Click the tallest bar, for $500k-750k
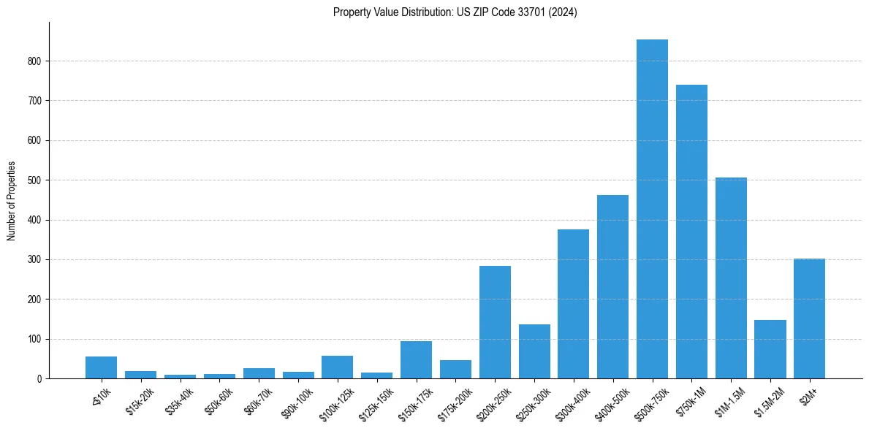(x=652, y=209)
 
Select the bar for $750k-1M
(x=691, y=232)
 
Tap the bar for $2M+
(x=809, y=319)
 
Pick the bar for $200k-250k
(x=495, y=322)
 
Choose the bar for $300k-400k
(x=573, y=304)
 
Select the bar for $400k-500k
(x=612, y=286)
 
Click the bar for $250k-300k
(x=534, y=351)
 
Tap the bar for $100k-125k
(x=338, y=367)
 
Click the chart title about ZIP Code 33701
(x=455, y=12)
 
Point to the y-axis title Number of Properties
(x=12, y=201)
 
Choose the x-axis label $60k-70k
(x=258, y=398)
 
